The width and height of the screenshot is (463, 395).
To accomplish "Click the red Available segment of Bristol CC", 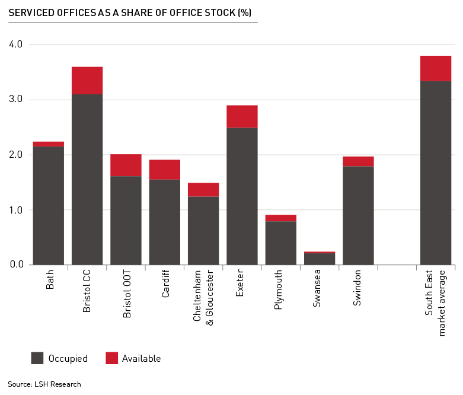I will click(87, 81).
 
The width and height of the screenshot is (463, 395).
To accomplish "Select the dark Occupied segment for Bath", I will click(49, 205).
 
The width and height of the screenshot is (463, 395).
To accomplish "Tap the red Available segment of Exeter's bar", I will click(242, 117).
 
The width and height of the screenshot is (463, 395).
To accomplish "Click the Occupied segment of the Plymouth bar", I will click(281, 243).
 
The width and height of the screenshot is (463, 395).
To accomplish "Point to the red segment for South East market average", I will click(436, 68).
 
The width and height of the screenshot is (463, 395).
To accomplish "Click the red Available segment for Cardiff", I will click(165, 170).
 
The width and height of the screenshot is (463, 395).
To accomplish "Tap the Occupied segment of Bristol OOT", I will click(126, 220).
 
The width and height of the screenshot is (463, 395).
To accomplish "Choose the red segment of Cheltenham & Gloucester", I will click(203, 190).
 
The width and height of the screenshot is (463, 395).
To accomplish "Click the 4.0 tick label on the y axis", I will click(15, 44).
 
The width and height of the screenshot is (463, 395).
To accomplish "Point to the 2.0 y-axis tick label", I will click(15, 155).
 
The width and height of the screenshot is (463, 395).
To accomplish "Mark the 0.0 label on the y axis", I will click(15, 265).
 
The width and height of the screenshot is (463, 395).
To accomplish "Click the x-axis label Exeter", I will click(240, 285).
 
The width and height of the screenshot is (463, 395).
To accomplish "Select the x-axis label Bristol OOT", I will click(127, 296).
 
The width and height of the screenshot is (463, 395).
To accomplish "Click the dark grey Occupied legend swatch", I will click(37, 358).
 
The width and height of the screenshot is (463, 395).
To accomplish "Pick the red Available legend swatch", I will click(111, 358).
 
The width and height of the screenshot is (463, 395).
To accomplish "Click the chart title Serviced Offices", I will click(130, 12).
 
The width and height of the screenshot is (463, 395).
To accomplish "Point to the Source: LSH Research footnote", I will click(44, 384).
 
